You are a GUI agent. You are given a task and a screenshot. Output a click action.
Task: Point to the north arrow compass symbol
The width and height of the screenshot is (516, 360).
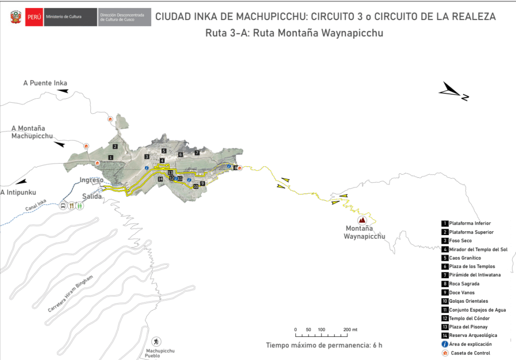[x=454, y=92]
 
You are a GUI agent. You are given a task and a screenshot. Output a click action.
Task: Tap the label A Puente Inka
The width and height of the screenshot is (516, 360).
[x=45, y=83]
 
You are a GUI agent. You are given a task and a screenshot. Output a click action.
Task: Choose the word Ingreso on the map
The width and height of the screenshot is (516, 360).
[x=91, y=180]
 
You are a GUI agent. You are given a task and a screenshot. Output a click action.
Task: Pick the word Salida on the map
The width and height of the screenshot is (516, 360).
[x=91, y=196]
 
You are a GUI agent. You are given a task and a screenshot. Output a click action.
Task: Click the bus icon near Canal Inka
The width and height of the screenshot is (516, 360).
[x=63, y=205]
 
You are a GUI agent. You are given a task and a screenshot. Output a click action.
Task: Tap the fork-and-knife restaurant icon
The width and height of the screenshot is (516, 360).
[x=72, y=205]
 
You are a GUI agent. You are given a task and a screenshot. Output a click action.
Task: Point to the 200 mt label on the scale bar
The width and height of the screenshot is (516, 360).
[x=350, y=329]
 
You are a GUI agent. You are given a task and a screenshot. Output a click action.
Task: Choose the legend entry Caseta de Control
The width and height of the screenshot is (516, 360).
[x=470, y=353]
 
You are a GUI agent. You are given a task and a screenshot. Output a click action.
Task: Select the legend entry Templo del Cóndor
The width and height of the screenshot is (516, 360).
[x=469, y=318]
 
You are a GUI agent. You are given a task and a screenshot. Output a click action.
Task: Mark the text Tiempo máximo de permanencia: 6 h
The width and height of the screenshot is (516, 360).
[x=324, y=345]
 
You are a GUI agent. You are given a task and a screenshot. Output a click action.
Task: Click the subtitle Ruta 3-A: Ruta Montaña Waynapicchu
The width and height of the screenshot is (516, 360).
[x=295, y=34]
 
